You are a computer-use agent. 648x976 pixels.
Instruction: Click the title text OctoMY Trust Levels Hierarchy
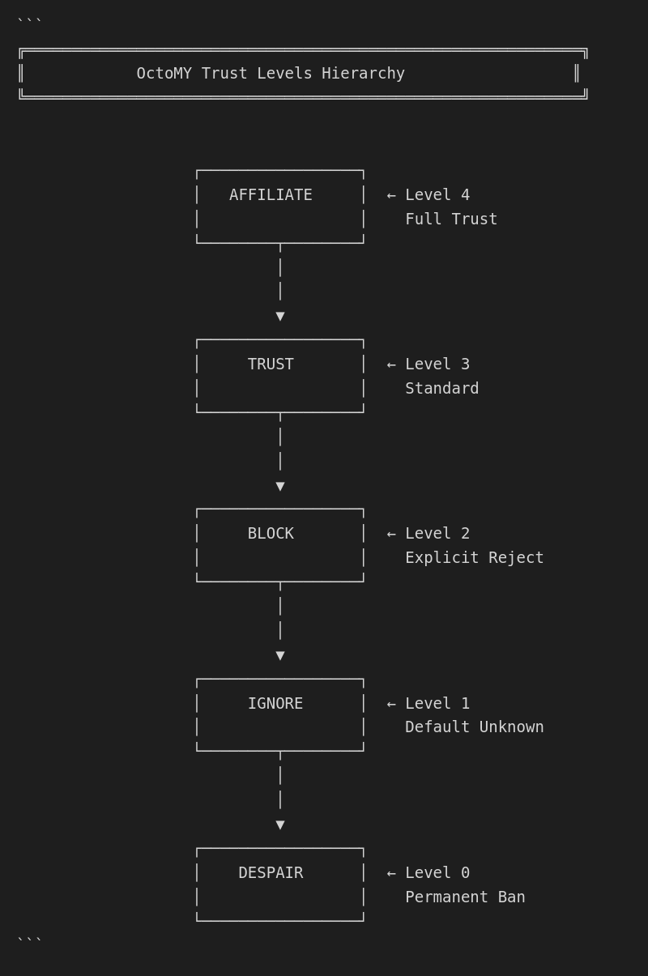pos(271,74)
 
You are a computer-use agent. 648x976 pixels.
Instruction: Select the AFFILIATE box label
pos(271,195)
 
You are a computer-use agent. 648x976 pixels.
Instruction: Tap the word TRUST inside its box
pos(271,364)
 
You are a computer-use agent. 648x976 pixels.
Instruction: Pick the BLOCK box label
pos(271,534)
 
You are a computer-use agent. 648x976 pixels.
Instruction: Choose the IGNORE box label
pos(275,704)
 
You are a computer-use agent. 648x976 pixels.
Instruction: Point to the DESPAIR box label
pos(271,873)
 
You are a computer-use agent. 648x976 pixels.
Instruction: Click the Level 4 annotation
pos(437,195)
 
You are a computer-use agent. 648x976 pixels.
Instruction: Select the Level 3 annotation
pos(437,364)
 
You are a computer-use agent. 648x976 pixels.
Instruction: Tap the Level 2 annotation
pos(437,534)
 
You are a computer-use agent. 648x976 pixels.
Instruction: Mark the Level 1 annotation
pos(437,704)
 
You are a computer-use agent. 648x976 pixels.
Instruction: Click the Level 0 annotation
pos(437,873)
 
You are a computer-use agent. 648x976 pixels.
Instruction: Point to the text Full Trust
pos(451,219)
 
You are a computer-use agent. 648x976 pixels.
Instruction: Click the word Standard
pos(442,389)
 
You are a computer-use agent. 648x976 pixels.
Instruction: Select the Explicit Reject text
pos(475,558)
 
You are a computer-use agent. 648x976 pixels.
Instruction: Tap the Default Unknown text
pos(475,727)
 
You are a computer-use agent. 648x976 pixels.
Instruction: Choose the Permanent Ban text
pos(465,897)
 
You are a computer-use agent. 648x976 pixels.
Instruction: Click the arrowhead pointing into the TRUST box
pos(280,316)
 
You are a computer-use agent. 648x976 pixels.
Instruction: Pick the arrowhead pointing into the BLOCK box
pos(280,486)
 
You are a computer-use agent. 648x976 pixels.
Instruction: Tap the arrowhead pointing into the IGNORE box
pos(280,655)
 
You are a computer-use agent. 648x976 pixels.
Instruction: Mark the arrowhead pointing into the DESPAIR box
pos(280,825)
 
